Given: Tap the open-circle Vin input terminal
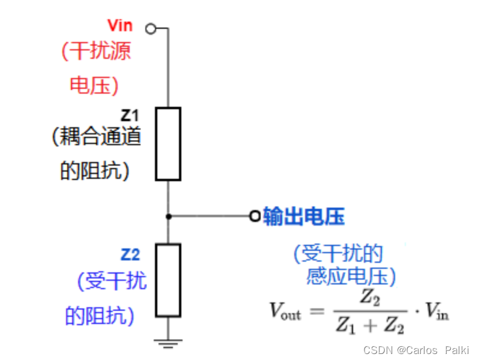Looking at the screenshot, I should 151,28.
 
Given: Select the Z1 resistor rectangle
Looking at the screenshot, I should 168,144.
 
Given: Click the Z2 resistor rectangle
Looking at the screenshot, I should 168,280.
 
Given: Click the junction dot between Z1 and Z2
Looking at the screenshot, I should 169,216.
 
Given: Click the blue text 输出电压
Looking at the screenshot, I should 304,217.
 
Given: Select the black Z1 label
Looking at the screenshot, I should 129,115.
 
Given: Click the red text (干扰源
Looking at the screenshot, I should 96,51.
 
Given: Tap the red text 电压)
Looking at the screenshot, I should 94,85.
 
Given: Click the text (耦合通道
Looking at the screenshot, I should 97,137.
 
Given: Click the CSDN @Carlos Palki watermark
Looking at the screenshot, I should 416,350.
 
